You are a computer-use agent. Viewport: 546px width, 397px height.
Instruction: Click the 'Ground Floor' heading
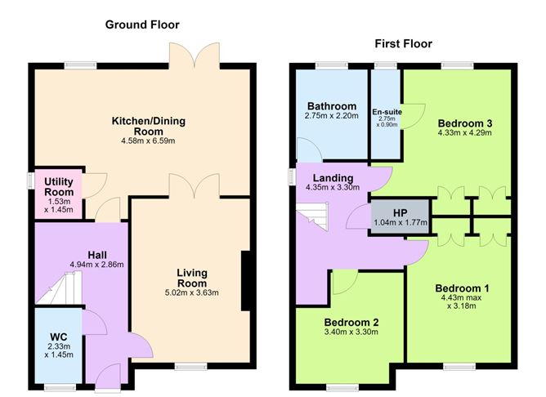click(x=142, y=25)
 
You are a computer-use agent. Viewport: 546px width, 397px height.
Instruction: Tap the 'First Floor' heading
click(x=403, y=44)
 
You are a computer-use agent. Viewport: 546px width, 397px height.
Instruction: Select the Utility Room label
click(x=59, y=187)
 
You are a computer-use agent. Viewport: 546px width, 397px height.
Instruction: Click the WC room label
click(x=59, y=337)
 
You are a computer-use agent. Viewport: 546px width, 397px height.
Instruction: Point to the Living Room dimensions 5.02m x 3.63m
click(x=191, y=292)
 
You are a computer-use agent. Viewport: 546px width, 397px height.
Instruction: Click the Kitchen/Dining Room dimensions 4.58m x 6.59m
click(x=148, y=141)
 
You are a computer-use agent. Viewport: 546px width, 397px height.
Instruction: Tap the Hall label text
click(x=97, y=255)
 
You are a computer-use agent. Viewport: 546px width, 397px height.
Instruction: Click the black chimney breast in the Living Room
click(x=247, y=280)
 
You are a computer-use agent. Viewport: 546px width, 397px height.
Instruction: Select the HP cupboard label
click(x=400, y=213)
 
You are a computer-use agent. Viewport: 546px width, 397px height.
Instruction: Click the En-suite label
click(x=387, y=112)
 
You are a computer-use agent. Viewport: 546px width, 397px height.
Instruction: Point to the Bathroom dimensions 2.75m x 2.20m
click(x=332, y=116)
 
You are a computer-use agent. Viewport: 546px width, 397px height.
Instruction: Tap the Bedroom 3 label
click(x=465, y=123)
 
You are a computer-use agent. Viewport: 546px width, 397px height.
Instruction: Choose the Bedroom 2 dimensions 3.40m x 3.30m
click(x=351, y=332)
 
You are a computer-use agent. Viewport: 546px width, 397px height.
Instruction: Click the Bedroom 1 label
click(x=462, y=288)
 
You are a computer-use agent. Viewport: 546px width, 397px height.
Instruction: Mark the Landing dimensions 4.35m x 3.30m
click(x=333, y=187)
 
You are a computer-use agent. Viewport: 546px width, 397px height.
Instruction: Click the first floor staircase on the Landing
click(x=312, y=216)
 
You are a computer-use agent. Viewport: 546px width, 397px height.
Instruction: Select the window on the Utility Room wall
click(x=31, y=181)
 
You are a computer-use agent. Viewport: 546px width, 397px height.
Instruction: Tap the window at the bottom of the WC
click(x=60, y=387)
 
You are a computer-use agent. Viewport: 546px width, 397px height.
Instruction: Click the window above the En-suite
click(x=386, y=66)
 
